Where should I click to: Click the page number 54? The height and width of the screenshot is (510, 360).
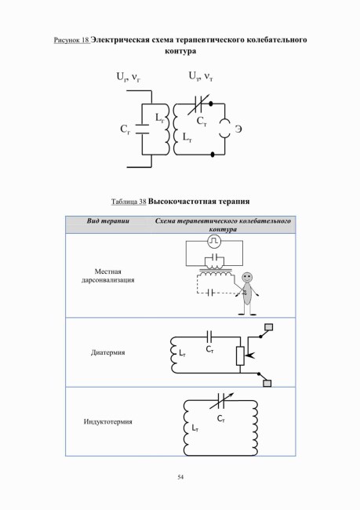point(180,477)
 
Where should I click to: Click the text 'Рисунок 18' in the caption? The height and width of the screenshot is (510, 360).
point(71,40)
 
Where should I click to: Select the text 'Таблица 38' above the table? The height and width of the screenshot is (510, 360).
point(129,202)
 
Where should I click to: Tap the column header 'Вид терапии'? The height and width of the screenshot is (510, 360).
point(108,220)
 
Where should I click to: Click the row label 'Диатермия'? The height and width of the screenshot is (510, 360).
point(108,352)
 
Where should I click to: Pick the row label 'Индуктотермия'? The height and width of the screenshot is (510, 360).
point(108,422)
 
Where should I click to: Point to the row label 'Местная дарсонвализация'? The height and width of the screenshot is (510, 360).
point(108,275)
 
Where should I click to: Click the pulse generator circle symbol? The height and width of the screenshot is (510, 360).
point(214,241)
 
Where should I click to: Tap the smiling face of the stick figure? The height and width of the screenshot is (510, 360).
point(246,277)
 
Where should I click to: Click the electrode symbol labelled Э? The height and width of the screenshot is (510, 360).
point(224,129)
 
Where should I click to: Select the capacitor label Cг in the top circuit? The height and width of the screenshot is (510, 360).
point(125,129)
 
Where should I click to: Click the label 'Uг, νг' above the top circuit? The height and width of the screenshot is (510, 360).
point(129,78)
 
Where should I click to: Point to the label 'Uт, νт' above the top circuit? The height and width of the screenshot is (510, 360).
point(201,77)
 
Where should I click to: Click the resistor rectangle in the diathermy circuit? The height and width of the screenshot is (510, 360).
point(240,355)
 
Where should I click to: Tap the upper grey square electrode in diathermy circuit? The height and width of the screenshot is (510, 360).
point(268,327)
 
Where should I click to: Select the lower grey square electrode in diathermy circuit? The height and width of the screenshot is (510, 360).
point(267,383)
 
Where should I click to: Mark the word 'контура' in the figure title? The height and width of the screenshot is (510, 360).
point(180,51)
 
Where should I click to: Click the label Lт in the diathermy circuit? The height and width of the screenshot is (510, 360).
point(182,353)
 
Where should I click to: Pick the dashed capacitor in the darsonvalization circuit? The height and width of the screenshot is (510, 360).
point(210,293)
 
